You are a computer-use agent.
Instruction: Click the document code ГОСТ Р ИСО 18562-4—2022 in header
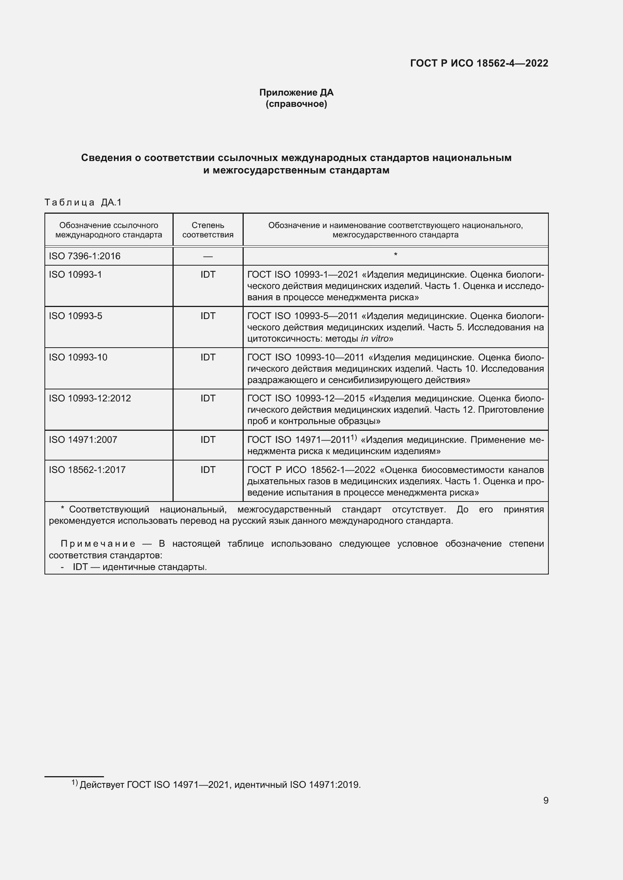[x=479, y=63]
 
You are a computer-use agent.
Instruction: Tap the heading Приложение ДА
[x=296, y=93]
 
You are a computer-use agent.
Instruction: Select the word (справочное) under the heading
[x=296, y=104]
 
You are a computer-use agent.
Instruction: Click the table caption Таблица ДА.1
[x=83, y=202]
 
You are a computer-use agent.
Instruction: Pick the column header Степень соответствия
[x=208, y=230]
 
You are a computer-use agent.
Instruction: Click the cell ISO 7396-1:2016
[x=84, y=256]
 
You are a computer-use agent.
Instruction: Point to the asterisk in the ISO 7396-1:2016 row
[x=395, y=255]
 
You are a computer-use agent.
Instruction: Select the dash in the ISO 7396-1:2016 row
[x=208, y=256]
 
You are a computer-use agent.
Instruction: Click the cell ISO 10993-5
[x=76, y=316]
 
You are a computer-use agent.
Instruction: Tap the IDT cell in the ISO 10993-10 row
[x=208, y=357]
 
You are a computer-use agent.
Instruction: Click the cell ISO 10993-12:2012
[x=90, y=398]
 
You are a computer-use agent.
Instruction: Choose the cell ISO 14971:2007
[x=83, y=439]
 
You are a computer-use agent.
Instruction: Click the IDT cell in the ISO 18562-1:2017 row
[x=208, y=470]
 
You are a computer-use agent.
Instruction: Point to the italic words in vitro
[x=375, y=339]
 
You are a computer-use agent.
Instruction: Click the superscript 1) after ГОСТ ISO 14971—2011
[x=354, y=438]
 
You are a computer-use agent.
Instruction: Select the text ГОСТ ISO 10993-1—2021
[x=302, y=275]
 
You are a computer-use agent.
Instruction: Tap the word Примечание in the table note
[x=98, y=544]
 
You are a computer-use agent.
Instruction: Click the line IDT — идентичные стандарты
[x=140, y=567]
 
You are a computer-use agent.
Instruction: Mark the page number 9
[x=545, y=800]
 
